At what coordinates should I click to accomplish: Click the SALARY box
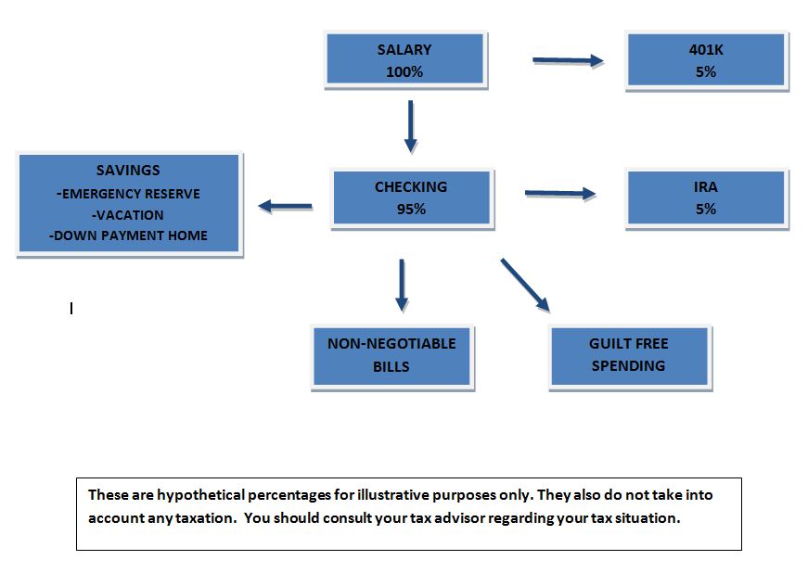(x=405, y=59)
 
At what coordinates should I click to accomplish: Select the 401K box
(x=706, y=60)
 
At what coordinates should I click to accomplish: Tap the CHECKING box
(x=412, y=198)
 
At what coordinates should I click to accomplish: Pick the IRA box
(x=706, y=198)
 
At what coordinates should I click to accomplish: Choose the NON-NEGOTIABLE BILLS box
(x=392, y=356)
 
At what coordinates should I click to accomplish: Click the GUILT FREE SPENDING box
(x=630, y=356)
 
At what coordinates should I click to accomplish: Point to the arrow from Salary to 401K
(x=568, y=61)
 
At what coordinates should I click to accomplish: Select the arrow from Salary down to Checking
(x=411, y=127)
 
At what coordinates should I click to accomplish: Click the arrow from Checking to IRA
(x=560, y=194)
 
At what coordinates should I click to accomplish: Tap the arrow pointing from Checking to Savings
(x=285, y=207)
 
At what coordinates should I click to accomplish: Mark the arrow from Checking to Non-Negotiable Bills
(x=402, y=286)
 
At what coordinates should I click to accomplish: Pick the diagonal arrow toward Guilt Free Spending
(x=525, y=286)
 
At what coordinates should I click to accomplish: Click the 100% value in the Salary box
(x=404, y=71)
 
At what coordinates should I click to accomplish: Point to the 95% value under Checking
(x=411, y=209)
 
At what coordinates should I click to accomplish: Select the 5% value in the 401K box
(x=706, y=71)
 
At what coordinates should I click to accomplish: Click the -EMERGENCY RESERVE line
(x=128, y=194)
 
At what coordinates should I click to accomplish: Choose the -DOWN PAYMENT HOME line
(x=128, y=236)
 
